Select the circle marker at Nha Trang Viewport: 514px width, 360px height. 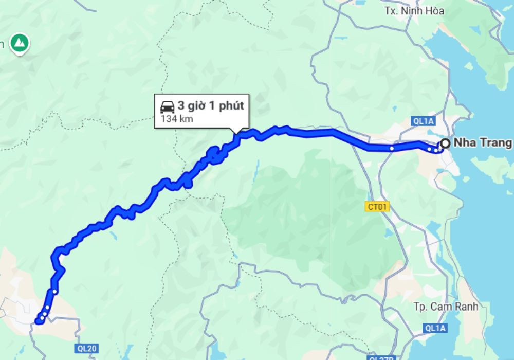(445, 144)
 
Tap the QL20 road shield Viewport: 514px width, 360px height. (86, 348)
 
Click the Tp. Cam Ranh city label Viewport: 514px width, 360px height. (446, 306)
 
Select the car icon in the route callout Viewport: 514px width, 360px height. (167, 107)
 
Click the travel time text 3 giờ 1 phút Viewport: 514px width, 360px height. (210, 106)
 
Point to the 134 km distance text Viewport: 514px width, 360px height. (177, 119)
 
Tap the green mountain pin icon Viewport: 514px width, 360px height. (20, 42)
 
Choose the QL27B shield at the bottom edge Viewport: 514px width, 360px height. (381, 357)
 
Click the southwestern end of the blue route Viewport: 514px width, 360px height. (38, 322)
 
